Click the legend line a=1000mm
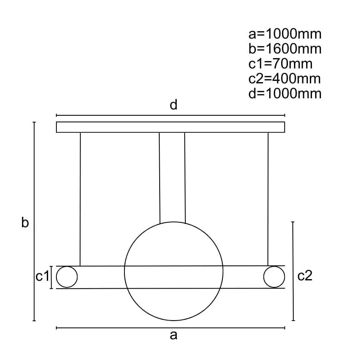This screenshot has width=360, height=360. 285,34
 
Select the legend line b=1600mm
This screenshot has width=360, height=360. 285,49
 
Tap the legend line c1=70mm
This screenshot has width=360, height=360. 280,64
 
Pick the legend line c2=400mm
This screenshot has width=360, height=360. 285,79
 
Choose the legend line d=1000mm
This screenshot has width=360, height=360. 285,94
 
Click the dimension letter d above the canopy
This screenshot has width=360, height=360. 173,105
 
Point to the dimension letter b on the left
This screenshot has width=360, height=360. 25,222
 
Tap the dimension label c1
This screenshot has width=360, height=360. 42,276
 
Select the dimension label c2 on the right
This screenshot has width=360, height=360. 305,275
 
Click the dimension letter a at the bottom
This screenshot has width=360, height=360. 173,335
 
